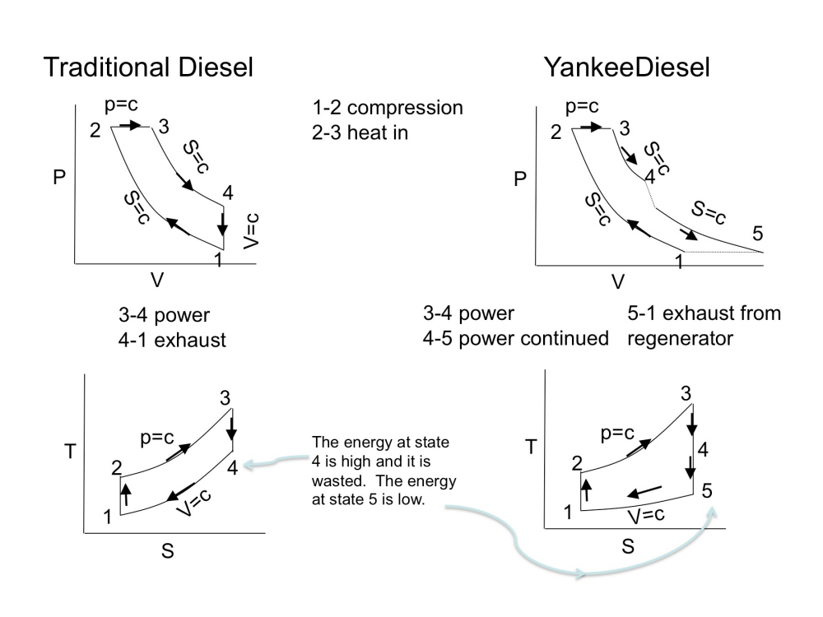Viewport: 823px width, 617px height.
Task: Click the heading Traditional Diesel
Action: pyautogui.click(x=148, y=67)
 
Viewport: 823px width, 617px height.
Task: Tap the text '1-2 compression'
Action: pyautogui.click(x=387, y=108)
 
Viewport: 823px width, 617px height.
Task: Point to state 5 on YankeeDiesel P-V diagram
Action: pyautogui.click(x=758, y=234)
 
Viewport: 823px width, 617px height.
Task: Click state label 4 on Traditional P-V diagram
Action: pyautogui.click(x=227, y=193)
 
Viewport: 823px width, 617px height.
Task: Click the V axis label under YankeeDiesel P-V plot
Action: pyautogui.click(x=618, y=282)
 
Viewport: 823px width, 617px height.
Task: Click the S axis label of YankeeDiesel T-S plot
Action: pyautogui.click(x=627, y=545)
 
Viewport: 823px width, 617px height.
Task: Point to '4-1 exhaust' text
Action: pyautogui.click(x=172, y=339)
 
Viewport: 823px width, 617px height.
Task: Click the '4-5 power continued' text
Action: pyautogui.click(x=515, y=338)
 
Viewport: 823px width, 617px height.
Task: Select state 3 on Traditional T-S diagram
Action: pyautogui.click(x=225, y=398)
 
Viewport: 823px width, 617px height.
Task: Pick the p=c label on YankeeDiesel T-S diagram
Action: pyautogui.click(x=617, y=433)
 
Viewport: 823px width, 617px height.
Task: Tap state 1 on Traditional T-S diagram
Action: pyautogui.click(x=108, y=517)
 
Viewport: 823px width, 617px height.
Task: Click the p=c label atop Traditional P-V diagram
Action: pyautogui.click(x=121, y=104)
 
